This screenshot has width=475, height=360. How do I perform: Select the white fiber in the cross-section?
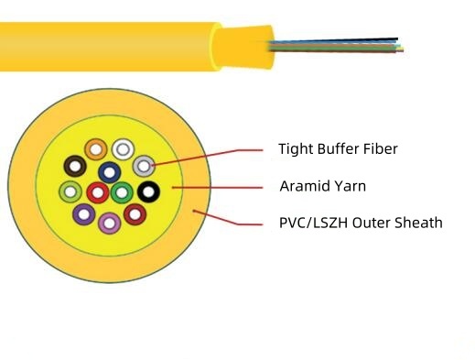point(123,149)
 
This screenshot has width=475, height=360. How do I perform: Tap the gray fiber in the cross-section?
point(144,166)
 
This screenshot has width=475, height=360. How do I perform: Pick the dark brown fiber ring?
point(75,167)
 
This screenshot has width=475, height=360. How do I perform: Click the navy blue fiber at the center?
point(109,170)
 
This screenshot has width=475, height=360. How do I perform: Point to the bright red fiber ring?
point(97,192)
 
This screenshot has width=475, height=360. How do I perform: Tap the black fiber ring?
point(147,192)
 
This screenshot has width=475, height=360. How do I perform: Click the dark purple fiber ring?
point(84,215)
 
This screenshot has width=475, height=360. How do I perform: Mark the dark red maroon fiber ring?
point(135,215)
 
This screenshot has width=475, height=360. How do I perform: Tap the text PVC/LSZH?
point(313,222)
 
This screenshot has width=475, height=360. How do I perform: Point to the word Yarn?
point(349,186)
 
